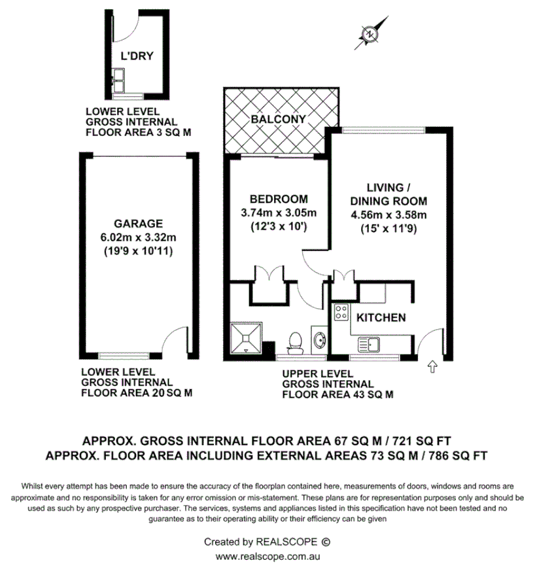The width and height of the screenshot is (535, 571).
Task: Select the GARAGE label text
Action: click(x=137, y=223)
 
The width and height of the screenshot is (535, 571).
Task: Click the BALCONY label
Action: click(x=279, y=119)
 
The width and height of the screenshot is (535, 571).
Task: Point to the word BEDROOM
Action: click(x=279, y=199)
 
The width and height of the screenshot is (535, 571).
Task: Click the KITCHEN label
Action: click(x=381, y=317)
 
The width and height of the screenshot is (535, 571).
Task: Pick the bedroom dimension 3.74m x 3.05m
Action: click(x=279, y=213)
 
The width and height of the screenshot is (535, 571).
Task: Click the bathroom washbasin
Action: click(x=319, y=341)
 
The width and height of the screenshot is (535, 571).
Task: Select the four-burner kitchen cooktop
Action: click(x=341, y=313)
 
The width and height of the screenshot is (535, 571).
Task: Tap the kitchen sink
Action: click(x=370, y=343)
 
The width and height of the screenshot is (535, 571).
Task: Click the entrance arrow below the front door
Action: click(x=431, y=368)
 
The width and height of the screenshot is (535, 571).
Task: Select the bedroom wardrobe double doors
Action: click(x=268, y=274)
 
